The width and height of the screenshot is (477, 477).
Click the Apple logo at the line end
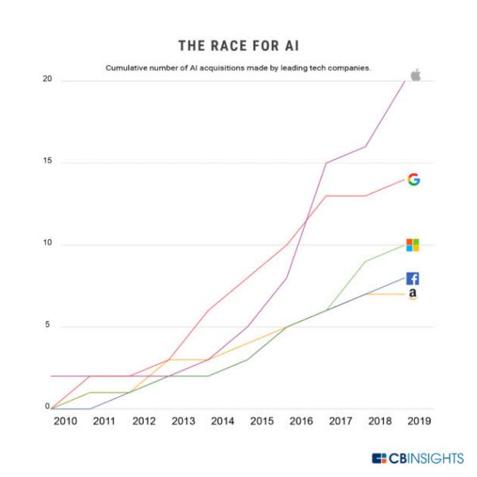coord(414,76)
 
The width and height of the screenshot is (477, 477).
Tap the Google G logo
coord(413,180)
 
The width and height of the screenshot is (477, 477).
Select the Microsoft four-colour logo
coord(413,245)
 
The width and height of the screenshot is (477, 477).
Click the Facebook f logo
coord(413,278)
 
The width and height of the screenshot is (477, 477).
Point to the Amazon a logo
coord(413,295)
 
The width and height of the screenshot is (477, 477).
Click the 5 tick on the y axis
coord(47,325)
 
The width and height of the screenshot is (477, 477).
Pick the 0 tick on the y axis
coord(47,407)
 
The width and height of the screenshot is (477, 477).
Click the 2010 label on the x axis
coord(65,421)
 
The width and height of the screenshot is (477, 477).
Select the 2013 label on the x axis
coord(184,421)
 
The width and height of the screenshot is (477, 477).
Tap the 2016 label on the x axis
coord(301,421)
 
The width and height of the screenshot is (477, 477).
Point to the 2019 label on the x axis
coord(419,421)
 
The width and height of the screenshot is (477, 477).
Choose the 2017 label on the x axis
coord(341,421)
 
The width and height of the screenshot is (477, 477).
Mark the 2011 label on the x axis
coord(104,421)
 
